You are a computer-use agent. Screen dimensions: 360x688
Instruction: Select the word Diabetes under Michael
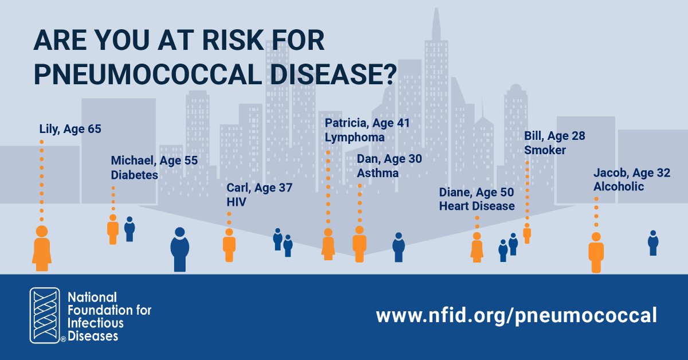pos(134,175)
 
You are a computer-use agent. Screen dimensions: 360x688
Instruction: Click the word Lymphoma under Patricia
pos(354,138)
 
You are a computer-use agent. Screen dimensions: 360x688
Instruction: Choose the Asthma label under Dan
pos(377,173)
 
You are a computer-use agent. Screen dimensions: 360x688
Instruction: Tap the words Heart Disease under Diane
pos(476,206)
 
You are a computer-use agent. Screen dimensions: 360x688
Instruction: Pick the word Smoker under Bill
pos(545,150)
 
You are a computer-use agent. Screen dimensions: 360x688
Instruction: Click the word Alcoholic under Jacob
pos(619,187)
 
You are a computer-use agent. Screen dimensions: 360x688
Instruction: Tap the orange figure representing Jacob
pos(596,253)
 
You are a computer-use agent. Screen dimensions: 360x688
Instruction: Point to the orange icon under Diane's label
pos(476,248)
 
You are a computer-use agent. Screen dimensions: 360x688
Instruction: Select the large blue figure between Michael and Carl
pos(179,249)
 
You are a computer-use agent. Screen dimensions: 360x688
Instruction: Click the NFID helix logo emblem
pos(46,316)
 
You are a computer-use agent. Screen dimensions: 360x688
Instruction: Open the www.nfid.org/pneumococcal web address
pos(515,315)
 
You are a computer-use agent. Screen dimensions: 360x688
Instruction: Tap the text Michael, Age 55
pos(154,161)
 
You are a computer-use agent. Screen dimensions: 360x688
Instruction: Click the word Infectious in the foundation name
pos(93,323)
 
